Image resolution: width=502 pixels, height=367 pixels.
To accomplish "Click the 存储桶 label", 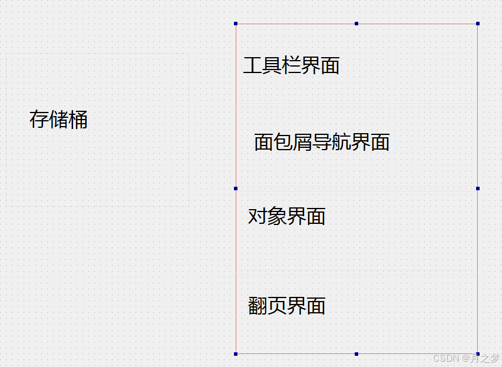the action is (x=58, y=120).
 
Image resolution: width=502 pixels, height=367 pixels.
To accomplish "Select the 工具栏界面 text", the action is (x=291, y=65).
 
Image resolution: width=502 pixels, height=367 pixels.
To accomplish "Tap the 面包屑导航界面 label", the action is (x=322, y=142).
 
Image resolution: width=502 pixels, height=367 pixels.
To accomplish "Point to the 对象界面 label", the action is (x=286, y=216).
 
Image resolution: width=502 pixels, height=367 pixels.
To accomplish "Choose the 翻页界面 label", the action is (x=286, y=306).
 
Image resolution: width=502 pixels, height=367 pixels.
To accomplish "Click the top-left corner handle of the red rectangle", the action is (x=236, y=24).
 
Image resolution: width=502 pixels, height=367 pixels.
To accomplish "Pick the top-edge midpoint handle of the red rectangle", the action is (x=356, y=24).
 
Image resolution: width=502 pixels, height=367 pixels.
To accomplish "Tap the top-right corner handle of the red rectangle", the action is (x=477, y=24).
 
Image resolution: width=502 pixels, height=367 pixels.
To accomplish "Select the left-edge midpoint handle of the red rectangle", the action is (x=236, y=189).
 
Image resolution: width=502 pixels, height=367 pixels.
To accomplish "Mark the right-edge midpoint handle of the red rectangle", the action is (x=477, y=189).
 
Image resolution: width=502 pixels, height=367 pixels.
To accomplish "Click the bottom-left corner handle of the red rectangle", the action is (x=236, y=353).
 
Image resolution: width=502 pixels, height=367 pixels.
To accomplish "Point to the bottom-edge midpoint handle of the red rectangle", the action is (x=356, y=353).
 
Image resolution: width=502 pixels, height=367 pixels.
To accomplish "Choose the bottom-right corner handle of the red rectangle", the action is (x=477, y=353).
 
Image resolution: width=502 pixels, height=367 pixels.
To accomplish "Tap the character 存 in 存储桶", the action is (x=39, y=120).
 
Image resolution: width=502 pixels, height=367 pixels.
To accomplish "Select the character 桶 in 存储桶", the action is (x=78, y=120).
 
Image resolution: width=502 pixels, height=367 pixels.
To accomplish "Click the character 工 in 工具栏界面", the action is (x=252, y=65).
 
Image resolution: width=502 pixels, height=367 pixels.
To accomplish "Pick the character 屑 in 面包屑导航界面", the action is (x=302, y=142).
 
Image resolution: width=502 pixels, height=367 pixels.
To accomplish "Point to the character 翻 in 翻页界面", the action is (x=257, y=306).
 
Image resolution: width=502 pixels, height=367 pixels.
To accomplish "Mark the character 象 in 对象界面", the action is (x=277, y=216).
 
